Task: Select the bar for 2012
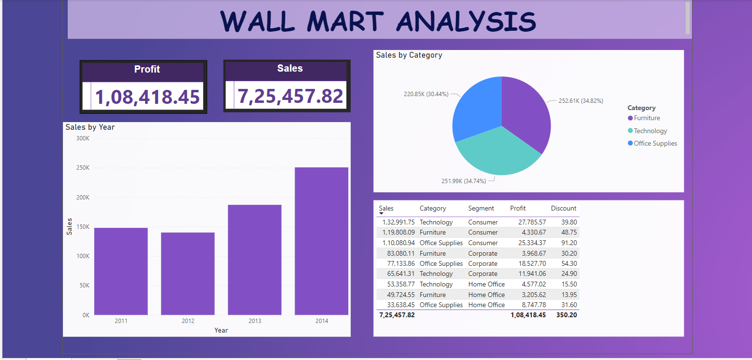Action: pyautogui.click(x=187, y=273)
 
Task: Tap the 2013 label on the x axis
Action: pyautogui.click(x=255, y=321)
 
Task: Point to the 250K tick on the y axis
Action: pyautogui.click(x=83, y=168)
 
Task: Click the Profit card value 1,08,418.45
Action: pyautogui.click(x=147, y=97)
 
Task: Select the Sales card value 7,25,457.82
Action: pyautogui.click(x=290, y=96)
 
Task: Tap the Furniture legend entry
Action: pyautogui.click(x=646, y=118)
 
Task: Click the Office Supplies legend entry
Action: pyautogui.click(x=655, y=143)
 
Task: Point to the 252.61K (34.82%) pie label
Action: pyautogui.click(x=580, y=101)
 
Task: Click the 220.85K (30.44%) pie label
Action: pyautogui.click(x=426, y=94)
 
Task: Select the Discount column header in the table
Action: pyautogui.click(x=563, y=208)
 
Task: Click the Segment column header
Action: pyautogui.click(x=481, y=208)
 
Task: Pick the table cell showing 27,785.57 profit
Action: pyautogui.click(x=528, y=222)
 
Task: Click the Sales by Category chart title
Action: pyautogui.click(x=409, y=55)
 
